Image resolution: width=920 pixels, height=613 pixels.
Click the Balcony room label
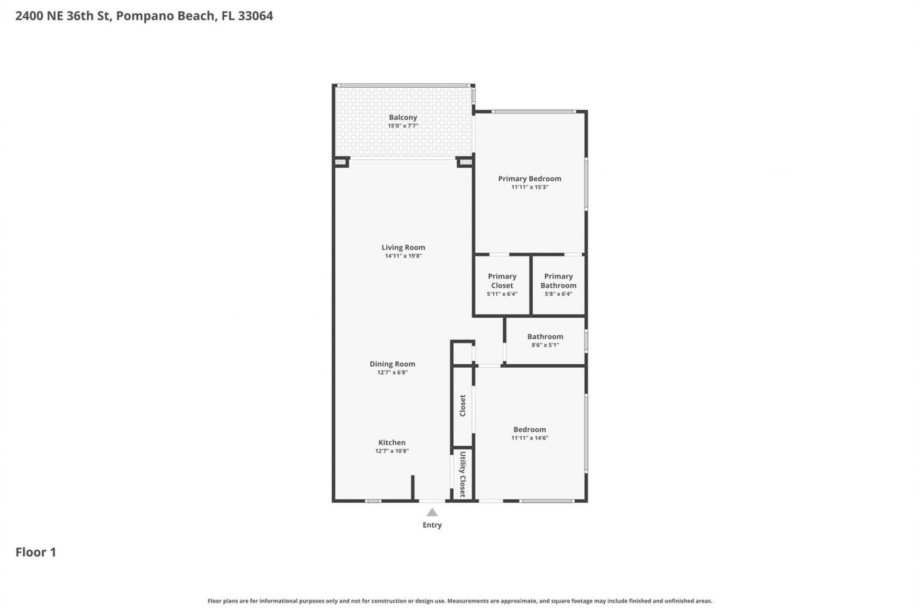(402, 117)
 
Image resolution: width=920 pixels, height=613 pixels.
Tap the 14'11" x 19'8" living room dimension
(403, 256)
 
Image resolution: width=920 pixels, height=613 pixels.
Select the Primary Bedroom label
(529, 179)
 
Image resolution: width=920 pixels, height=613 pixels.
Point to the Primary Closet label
(502, 281)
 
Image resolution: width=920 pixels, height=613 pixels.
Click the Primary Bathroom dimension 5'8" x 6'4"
(558, 294)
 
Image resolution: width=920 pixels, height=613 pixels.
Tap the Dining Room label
(392, 364)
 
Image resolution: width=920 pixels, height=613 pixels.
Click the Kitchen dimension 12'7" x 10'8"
(391, 451)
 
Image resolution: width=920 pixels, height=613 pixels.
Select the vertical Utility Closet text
(462, 474)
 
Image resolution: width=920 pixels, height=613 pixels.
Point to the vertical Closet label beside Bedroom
(462, 405)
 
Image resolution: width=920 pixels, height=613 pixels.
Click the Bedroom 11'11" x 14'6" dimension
(529, 438)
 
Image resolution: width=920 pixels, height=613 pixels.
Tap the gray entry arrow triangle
(432, 512)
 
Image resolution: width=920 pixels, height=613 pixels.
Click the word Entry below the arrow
(432, 525)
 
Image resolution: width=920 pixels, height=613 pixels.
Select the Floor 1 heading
(36, 552)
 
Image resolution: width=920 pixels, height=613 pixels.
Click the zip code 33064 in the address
(255, 16)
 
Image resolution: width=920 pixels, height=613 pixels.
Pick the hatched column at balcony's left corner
(340, 162)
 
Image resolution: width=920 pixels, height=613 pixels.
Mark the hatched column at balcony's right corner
(465, 162)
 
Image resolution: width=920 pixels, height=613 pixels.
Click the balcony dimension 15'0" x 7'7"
(402, 126)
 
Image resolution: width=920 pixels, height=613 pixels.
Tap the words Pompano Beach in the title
(166, 16)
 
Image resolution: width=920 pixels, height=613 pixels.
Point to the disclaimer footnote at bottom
(460, 601)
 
